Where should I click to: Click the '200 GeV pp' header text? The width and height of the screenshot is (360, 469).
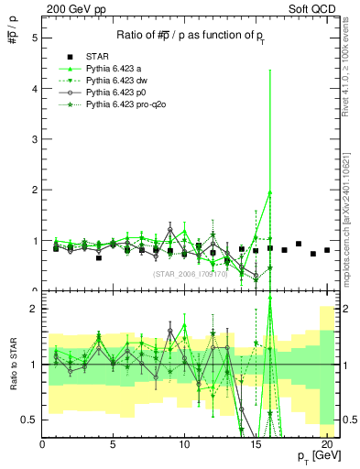71,8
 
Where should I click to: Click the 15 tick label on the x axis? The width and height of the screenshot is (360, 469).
255,444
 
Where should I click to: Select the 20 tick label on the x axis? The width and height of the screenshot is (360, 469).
325,444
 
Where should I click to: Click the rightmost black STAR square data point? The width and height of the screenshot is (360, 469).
327,249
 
